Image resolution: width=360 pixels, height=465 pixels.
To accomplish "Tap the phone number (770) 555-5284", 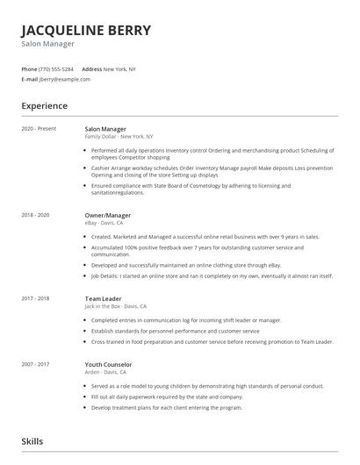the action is (x=56, y=68).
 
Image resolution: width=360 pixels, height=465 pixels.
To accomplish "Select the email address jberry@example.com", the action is (x=65, y=79).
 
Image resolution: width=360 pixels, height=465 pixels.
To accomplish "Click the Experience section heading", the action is (x=45, y=105).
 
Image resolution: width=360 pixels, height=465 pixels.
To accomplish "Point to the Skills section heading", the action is (x=32, y=440).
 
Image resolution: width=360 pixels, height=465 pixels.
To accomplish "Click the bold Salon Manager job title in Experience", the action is (x=105, y=129).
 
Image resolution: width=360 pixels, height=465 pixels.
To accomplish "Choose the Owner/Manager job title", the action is (x=108, y=215).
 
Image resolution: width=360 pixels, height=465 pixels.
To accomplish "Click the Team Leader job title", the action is (x=103, y=298).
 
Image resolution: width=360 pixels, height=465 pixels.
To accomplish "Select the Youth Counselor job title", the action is (x=108, y=363).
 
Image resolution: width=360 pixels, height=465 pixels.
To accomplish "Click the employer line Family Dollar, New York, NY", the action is (x=119, y=137).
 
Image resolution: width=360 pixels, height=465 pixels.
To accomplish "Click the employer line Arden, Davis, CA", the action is (x=105, y=371).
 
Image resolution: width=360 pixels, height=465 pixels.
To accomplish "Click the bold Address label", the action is (x=92, y=68).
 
